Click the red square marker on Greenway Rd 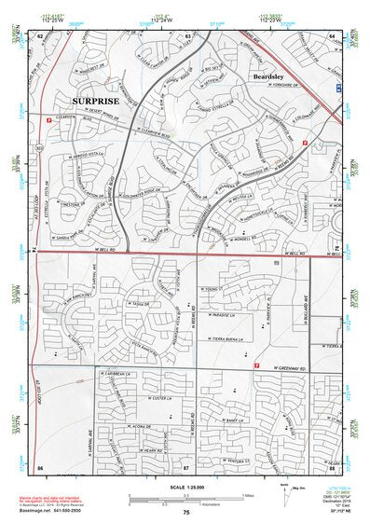256,365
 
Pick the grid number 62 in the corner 40,35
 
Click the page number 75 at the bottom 186,512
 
